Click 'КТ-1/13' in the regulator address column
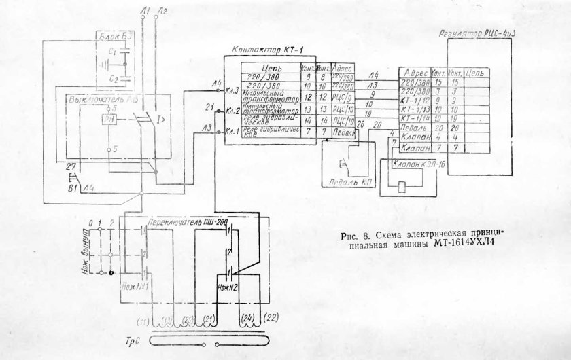pyautogui.click(x=415, y=109)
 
